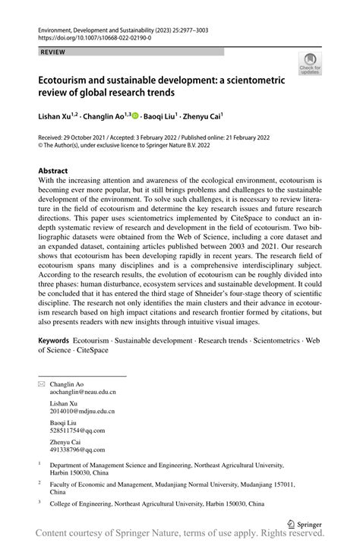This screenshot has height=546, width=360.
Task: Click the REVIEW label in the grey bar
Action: coord(52,52)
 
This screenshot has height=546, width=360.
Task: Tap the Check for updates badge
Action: coord(310,65)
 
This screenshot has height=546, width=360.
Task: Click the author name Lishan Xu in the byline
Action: coord(58,115)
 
